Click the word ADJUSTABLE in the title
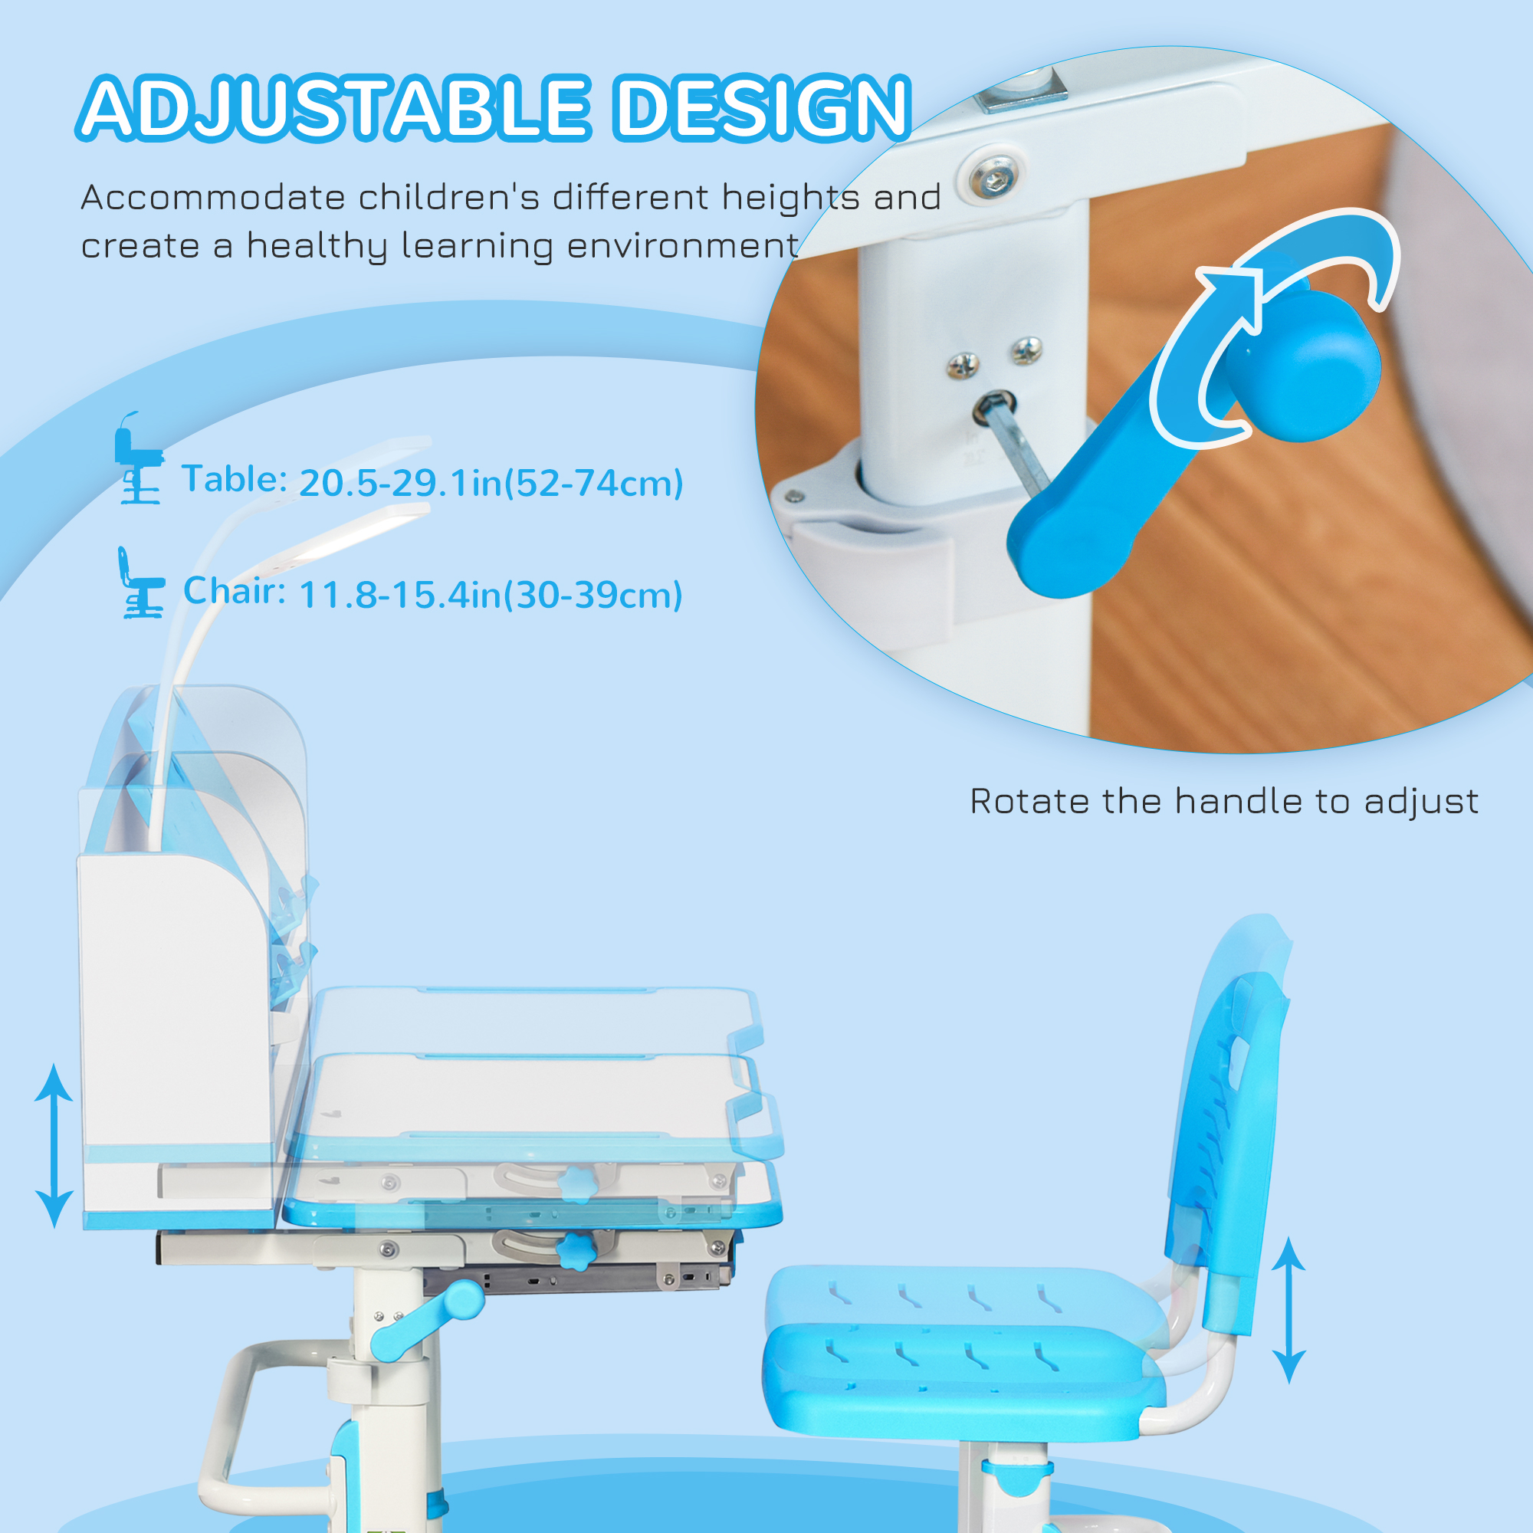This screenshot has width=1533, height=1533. pyautogui.click(x=333, y=108)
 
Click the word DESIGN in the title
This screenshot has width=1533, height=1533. pyautogui.click(x=763, y=108)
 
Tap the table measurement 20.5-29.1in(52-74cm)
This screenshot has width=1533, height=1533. pyautogui.click(x=491, y=483)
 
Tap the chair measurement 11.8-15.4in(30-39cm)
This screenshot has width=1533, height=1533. pyautogui.click(x=491, y=595)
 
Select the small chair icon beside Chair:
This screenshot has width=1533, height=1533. pyautogui.click(x=141, y=583)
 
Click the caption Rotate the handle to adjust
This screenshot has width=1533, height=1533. pyautogui.click(x=1224, y=802)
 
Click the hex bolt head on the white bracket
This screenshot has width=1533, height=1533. pyautogui.click(x=992, y=175)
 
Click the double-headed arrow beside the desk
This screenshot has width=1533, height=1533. pyautogui.click(x=54, y=1146)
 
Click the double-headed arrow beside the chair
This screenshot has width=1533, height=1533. pyautogui.click(x=1288, y=1309)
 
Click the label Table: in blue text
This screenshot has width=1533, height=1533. pyautogui.click(x=234, y=478)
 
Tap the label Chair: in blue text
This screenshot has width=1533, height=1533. pyautogui.click(x=235, y=590)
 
